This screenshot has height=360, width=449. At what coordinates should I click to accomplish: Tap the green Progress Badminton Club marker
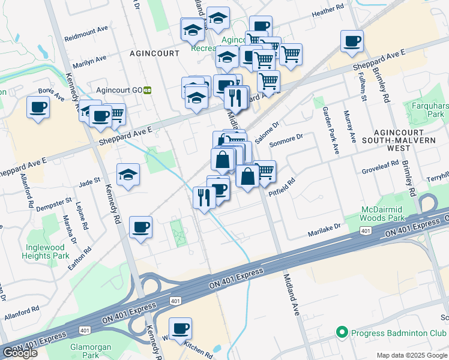coord(342,331)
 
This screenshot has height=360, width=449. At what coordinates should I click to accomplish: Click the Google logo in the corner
coord(20,353)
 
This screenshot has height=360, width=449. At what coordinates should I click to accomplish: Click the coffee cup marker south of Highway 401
coord(180,328)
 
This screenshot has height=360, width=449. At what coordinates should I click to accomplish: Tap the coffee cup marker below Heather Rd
coord(261,26)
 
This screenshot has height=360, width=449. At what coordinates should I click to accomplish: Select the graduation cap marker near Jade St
coord(128,175)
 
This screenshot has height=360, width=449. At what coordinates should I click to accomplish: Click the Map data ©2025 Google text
coord(412,355)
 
